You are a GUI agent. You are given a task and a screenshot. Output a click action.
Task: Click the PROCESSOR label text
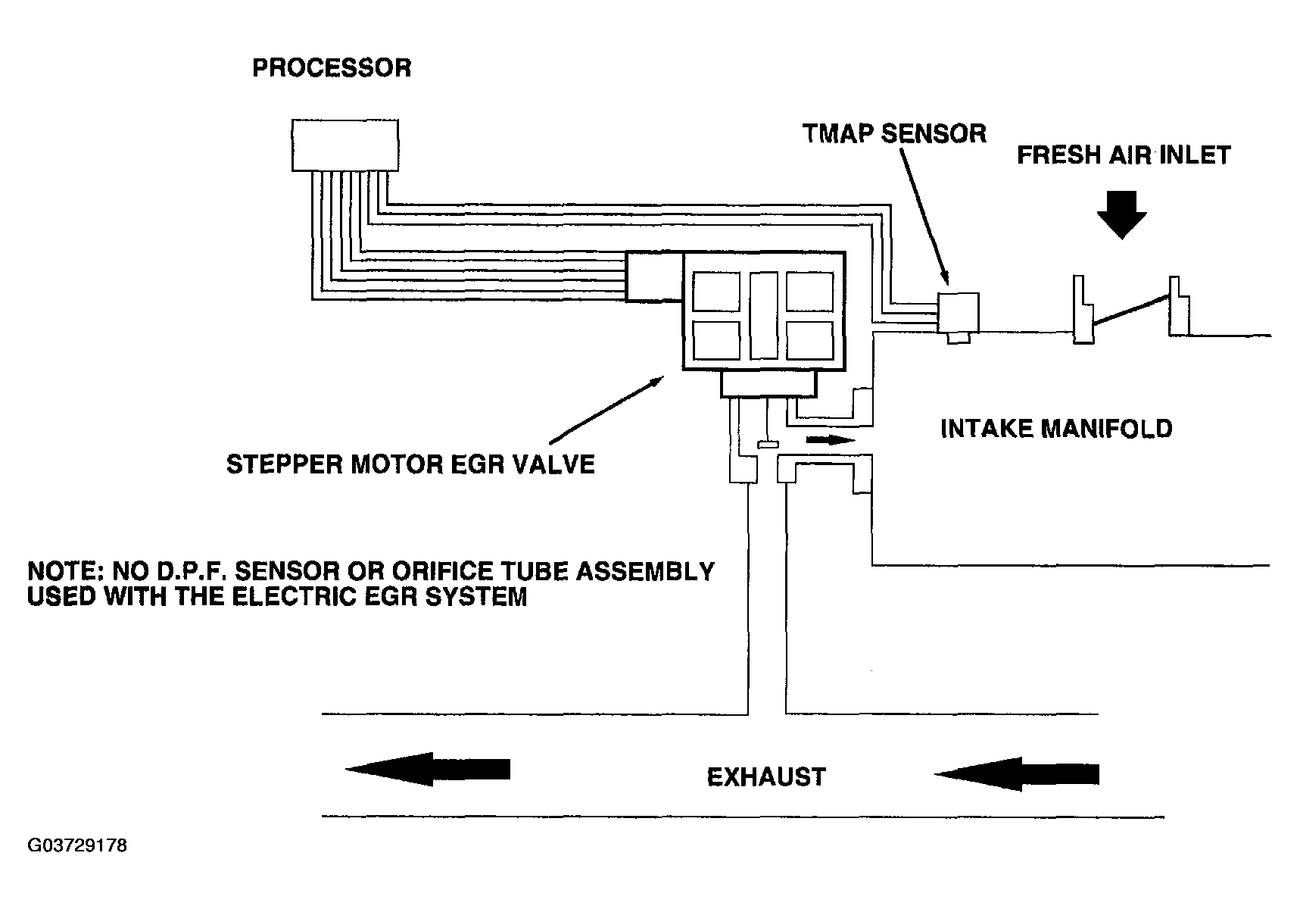332,68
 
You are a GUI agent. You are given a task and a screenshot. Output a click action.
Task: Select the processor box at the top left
345,145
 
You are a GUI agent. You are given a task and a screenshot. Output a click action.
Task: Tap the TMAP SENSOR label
894,134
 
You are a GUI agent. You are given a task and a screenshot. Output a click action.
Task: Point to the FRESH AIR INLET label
1124,155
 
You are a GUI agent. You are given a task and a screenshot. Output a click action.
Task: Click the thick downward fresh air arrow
1122,214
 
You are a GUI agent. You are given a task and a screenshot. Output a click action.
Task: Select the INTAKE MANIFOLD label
1056,429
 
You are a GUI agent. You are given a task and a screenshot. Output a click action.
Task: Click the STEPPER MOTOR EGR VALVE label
410,464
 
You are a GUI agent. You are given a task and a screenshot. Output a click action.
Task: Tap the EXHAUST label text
766,777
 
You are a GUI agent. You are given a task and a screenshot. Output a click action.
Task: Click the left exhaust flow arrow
428,769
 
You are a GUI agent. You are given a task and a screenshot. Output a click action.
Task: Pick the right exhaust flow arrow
1017,774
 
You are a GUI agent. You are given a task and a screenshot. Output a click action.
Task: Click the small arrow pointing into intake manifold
831,439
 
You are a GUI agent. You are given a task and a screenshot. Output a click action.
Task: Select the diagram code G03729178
77,845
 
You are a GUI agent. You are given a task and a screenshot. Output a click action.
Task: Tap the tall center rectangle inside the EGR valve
763,314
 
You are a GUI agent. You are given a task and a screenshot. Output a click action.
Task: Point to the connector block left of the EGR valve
654,277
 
